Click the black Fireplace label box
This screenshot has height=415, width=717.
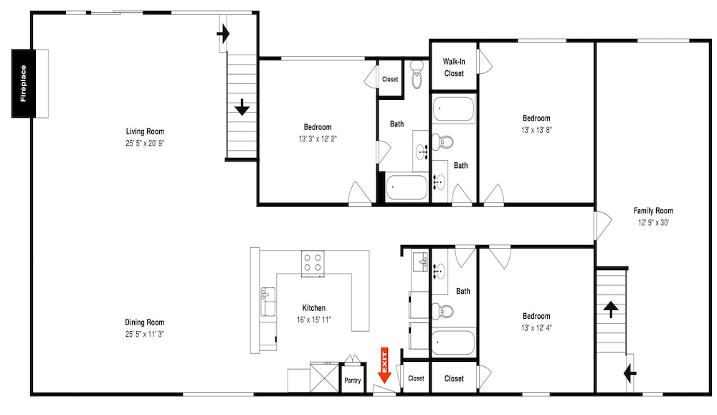click(24, 83)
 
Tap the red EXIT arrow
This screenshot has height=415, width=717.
click(384, 365)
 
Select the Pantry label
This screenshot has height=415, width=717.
click(353, 381)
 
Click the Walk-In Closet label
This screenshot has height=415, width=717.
click(454, 67)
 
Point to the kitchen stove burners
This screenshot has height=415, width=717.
click(313, 264)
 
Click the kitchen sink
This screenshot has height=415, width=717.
click(267, 302)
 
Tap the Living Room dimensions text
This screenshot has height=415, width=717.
click(145, 143)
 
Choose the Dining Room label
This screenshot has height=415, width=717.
click(145, 322)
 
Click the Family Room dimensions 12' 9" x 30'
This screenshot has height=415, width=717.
click(653, 223)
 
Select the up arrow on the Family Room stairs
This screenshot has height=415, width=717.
click(611, 309)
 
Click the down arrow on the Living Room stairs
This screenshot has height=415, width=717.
click(242, 108)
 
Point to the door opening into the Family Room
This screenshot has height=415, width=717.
click(603, 225)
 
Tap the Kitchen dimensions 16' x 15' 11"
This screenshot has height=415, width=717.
click(314, 320)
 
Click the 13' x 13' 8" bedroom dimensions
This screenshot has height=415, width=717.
click(536, 130)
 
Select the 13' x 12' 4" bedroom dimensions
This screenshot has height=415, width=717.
click(536, 327)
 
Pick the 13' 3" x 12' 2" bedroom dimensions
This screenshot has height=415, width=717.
click(318, 139)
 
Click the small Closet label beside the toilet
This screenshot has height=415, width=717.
click(390, 79)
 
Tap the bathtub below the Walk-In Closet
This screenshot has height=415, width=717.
click(454, 109)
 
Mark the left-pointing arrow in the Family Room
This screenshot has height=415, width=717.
click(630, 374)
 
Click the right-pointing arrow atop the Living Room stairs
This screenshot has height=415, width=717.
click(223, 34)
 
